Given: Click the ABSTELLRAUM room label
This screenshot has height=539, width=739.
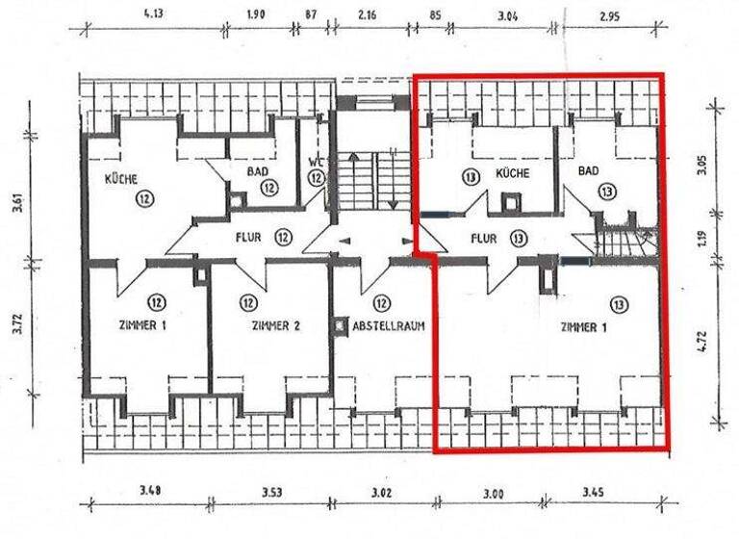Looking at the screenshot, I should (x=382, y=325).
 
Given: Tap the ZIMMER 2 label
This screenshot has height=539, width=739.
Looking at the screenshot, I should (x=275, y=325).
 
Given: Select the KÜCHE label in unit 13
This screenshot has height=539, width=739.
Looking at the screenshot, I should (x=512, y=172).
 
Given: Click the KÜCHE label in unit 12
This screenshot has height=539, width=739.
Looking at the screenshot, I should (x=122, y=179).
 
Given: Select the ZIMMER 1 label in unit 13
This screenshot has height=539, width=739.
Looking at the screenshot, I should (x=583, y=327).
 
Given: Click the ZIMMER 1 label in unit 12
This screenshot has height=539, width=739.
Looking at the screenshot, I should (x=141, y=325).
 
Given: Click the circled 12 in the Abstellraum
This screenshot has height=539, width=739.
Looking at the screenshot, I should (x=382, y=301).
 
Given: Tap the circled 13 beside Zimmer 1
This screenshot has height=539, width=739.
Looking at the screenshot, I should (x=617, y=303).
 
